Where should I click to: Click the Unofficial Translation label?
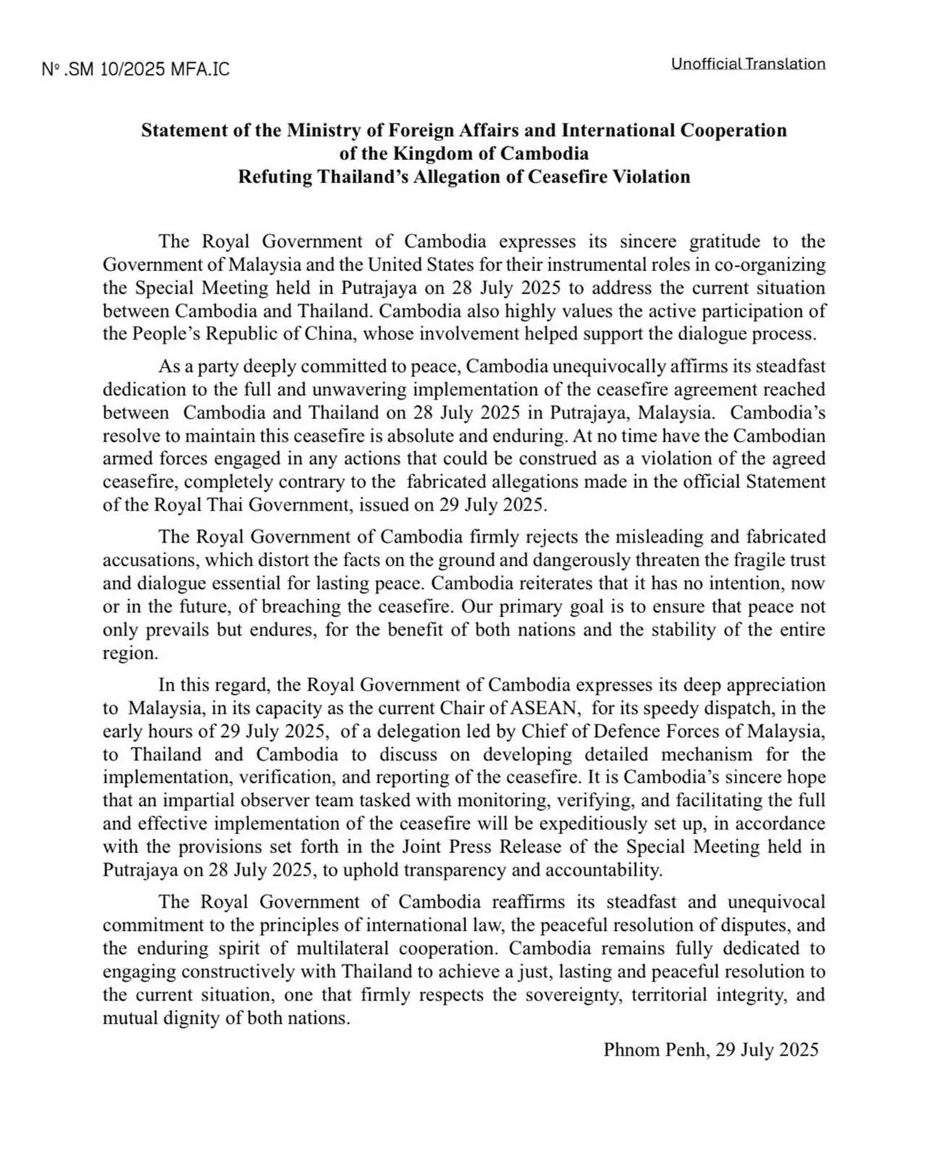748,64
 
